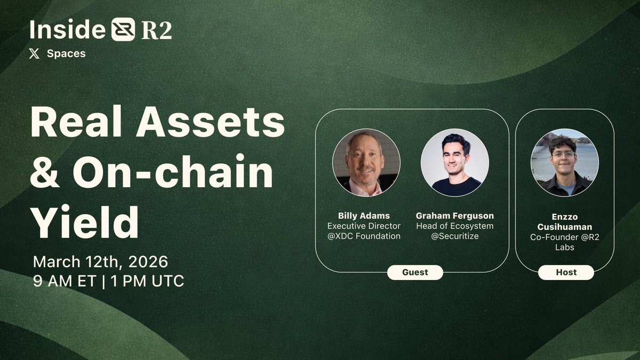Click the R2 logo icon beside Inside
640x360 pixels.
tap(123, 30)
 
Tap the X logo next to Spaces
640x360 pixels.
tap(35, 54)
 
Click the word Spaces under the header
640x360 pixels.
tap(66, 54)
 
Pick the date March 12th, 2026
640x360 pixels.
tap(100, 262)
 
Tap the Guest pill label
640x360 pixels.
tap(415, 272)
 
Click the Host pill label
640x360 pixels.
tap(566, 272)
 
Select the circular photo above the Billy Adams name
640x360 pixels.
tap(366, 162)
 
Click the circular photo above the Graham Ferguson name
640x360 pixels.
tap(454, 162)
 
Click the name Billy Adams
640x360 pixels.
tap(364, 216)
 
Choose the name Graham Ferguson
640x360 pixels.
tap(454, 216)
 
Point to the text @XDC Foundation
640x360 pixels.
tap(364, 236)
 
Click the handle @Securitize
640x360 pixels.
tap(454, 236)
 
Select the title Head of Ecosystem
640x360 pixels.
tap(454, 226)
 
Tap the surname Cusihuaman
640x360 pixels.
tap(564, 227)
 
